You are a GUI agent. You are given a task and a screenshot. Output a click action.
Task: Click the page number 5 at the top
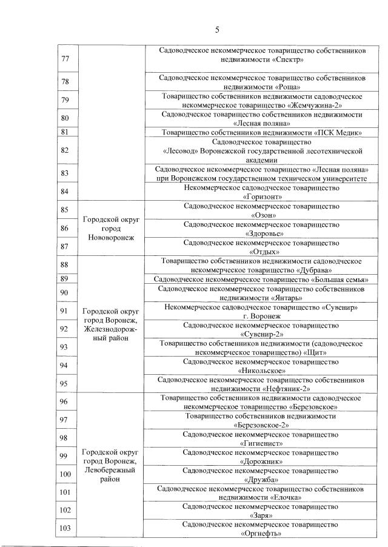click(216, 30)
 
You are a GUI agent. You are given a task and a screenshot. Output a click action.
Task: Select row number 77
click(65, 59)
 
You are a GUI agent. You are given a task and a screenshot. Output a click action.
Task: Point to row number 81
click(65, 132)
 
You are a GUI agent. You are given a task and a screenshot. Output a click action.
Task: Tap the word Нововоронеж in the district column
click(111, 238)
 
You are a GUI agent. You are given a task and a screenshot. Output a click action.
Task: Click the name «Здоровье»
click(262, 233)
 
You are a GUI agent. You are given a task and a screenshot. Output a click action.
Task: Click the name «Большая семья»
click(338, 280)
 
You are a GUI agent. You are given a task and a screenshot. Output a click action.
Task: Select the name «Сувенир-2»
click(262, 334)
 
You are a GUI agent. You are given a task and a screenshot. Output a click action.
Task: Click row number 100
click(65, 474)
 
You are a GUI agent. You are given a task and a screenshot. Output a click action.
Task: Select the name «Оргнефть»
click(262, 534)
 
